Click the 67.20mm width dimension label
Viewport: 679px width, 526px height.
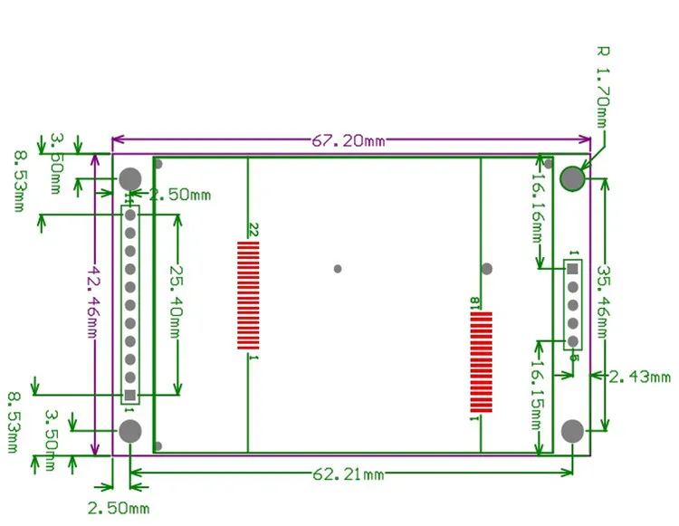(349, 141)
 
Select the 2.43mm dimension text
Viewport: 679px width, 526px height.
(639, 376)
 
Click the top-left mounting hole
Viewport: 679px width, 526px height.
(130, 178)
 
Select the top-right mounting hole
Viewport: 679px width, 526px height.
(572, 178)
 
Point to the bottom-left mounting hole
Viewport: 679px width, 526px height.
(130, 431)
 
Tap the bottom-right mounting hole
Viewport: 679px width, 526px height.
(572, 431)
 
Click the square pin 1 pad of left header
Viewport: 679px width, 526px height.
(130, 396)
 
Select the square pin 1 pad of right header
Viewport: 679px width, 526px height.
(572, 269)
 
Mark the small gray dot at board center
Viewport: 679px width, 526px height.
(338, 269)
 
